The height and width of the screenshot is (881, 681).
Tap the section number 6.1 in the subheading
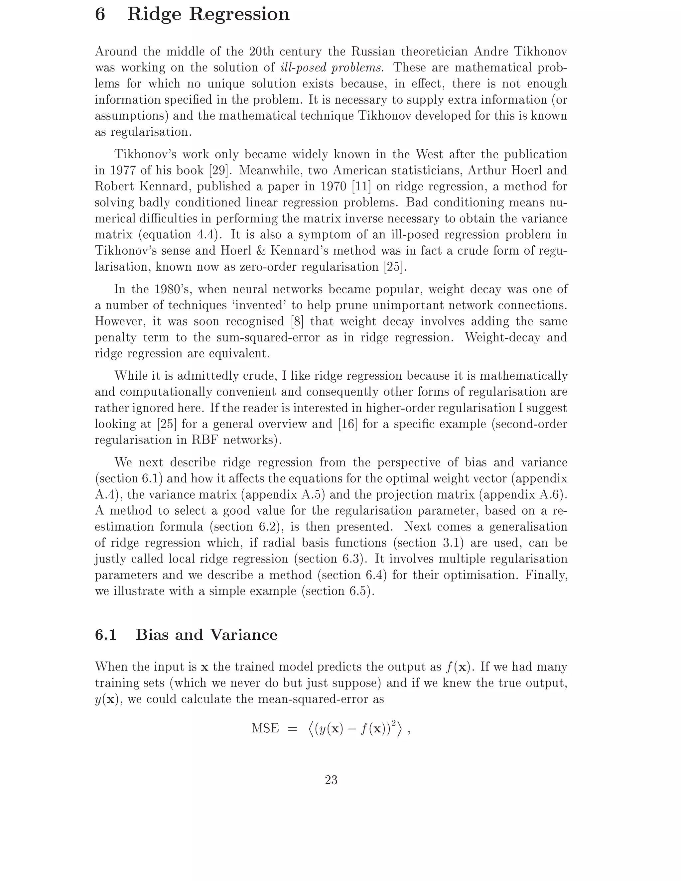tap(106, 635)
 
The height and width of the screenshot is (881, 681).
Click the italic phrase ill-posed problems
tap(331, 68)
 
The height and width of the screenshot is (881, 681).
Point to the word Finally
tap(546, 575)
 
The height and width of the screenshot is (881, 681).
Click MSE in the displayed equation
tap(265, 728)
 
